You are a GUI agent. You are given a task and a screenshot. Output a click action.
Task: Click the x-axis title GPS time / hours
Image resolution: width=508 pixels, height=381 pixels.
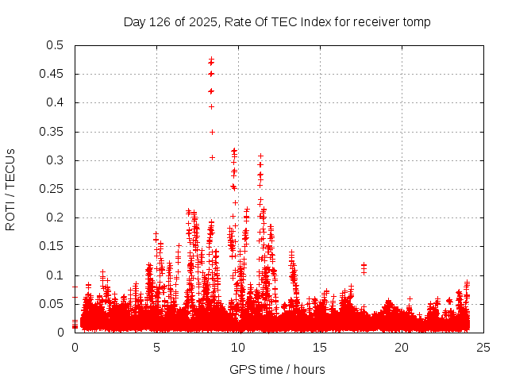(x=277, y=369)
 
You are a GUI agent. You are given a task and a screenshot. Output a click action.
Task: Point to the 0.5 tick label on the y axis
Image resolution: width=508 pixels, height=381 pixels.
(x=56, y=45)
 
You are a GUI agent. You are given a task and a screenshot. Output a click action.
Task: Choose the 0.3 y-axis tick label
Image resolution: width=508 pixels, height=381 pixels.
(x=56, y=160)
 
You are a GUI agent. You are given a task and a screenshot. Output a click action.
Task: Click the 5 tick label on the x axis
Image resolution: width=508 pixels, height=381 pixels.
(x=156, y=347)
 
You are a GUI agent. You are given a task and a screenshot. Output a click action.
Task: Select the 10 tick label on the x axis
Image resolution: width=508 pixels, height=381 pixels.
(x=238, y=347)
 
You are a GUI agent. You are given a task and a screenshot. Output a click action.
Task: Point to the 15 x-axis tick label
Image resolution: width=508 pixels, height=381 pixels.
(x=320, y=347)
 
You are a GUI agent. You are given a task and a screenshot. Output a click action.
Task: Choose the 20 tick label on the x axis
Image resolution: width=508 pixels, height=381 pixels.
(x=402, y=347)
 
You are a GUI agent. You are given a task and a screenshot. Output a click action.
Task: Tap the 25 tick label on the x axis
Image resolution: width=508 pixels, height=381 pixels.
(x=483, y=347)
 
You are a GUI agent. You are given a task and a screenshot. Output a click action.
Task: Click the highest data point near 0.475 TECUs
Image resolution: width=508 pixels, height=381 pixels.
(x=211, y=60)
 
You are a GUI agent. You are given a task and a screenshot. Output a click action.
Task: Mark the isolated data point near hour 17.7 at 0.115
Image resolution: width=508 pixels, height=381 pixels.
(x=364, y=266)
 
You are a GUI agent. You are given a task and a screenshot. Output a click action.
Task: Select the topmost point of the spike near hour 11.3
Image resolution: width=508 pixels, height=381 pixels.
(x=260, y=156)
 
